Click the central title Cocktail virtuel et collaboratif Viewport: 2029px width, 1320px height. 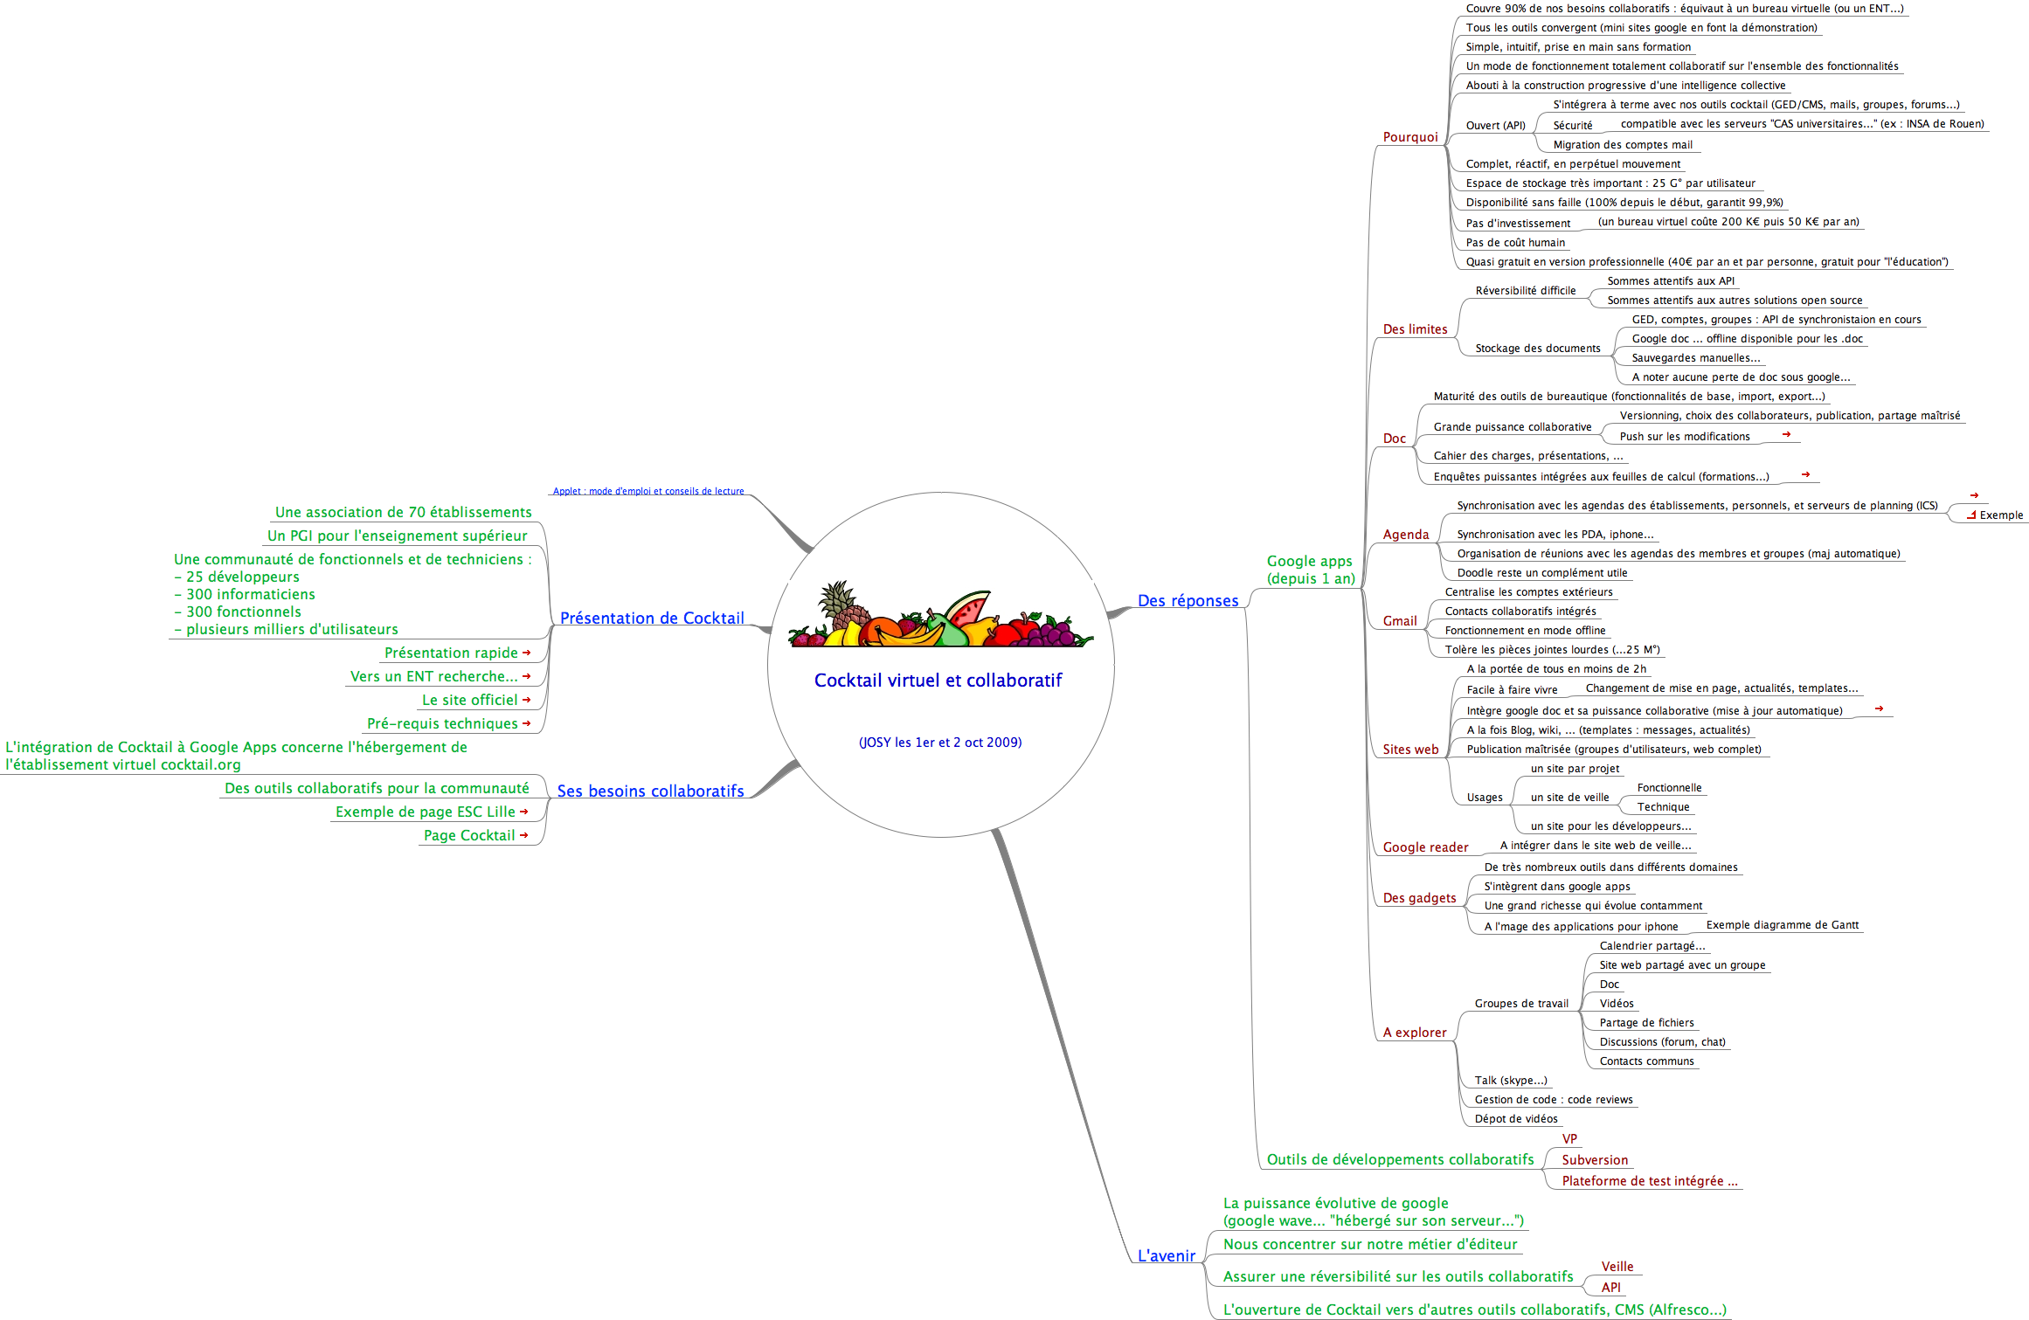coord(938,681)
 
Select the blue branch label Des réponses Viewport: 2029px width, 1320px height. coord(1188,601)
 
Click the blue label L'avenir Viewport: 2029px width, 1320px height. coord(1166,1256)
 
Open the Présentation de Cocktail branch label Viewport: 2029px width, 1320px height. coord(652,619)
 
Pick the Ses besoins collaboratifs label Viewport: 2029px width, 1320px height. coord(650,791)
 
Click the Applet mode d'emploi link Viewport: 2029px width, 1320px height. coord(647,491)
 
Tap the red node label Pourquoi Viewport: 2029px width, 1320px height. coord(1409,137)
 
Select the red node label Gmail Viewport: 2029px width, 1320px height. coord(1399,621)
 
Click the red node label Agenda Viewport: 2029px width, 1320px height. coord(1405,535)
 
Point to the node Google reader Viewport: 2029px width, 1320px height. coord(1425,847)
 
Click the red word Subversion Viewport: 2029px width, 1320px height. coord(1595,1160)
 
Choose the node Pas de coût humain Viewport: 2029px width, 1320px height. coord(1515,243)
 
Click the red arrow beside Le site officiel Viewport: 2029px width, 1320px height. coord(527,700)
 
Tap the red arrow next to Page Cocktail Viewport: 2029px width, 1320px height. coord(524,835)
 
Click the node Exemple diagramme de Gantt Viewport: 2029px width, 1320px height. coord(1782,925)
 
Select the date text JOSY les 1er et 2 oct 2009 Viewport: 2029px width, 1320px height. coord(940,743)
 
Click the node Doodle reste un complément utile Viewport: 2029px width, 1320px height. coord(1541,573)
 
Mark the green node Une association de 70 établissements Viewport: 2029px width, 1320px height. coord(403,513)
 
